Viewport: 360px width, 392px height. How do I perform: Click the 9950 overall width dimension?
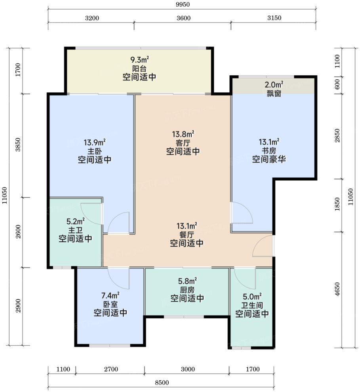(x=183, y=4)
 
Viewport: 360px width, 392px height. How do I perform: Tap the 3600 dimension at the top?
(x=183, y=18)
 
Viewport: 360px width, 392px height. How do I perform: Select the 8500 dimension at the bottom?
(x=162, y=382)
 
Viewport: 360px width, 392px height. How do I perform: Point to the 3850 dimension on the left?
(x=18, y=145)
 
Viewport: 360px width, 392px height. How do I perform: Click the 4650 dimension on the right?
(x=337, y=289)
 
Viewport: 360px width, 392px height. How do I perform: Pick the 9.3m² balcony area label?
(x=139, y=60)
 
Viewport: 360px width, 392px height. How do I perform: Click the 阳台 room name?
(x=139, y=68)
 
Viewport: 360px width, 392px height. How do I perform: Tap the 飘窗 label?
(x=274, y=94)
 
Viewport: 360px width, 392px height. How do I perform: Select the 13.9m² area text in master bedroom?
(x=94, y=143)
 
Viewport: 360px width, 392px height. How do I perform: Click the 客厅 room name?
(x=183, y=143)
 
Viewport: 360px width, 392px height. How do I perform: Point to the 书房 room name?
(x=269, y=151)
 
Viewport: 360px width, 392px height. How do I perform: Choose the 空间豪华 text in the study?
(x=269, y=159)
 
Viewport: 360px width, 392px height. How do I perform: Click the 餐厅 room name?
(x=187, y=235)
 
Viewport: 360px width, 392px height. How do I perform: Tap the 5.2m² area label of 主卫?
(x=76, y=221)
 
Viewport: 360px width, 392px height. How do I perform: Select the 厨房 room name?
(x=187, y=290)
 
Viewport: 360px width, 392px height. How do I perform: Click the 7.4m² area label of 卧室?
(x=110, y=296)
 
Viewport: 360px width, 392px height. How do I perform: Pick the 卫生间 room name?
(x=252, y=305)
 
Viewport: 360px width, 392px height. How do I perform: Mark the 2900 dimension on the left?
(x=18, y=306)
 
